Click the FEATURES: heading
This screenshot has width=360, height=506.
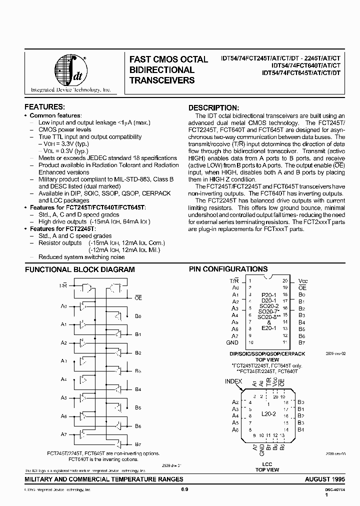[44, 107]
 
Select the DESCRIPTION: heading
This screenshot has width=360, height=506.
[213, 107]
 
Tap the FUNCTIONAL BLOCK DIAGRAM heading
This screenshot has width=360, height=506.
[80, 269]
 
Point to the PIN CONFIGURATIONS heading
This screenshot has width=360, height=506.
[228, 269]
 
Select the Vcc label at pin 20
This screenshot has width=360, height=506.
[303, 280]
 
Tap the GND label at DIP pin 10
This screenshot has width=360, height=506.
[232, 342]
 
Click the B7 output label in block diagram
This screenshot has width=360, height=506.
[138, 444]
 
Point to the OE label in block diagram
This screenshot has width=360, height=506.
[138, 297]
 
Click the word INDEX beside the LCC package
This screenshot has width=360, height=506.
[233, 381]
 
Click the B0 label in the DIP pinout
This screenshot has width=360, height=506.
[301, 294]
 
